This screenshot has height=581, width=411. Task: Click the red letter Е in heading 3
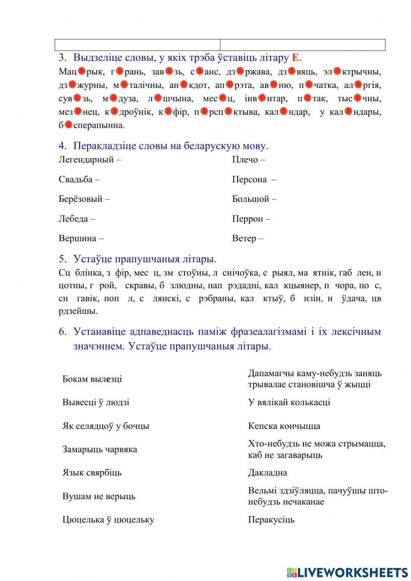[x=295, y=58]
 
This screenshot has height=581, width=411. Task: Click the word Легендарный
[x=86, y=160]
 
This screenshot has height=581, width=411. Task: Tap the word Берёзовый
[x=81, y=199]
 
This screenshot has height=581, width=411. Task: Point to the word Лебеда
[x=73, y=219]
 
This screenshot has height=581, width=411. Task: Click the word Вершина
[x=77, y=238]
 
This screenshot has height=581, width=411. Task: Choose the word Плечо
[x=245, y=160]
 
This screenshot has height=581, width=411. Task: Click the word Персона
[x=249, y=179]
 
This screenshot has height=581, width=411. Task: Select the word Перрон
[x=247, y=219]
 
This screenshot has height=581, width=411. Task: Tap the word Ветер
[x=244, y=238]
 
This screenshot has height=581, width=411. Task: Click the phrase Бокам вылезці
[x=92, y=379]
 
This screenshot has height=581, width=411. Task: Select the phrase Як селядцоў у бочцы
[x=106, y=426]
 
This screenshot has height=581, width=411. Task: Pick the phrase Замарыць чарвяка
[x=99, y=449]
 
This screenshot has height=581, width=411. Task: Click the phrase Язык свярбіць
[x=92, y=473]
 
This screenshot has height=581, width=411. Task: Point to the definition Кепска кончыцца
[x=284, y=426]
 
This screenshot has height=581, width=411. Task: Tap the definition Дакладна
[x=268, y=473]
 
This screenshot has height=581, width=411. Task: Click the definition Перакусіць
[x=271, y=520]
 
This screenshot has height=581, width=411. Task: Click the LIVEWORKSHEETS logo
[x=347, y=572]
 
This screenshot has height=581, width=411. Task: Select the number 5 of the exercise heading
[x=62, y=259]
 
